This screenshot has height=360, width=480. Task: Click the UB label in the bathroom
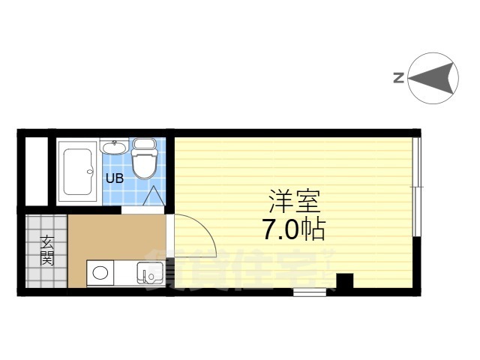[x=114, y=178]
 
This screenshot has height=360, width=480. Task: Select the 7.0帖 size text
[x=293, y=229]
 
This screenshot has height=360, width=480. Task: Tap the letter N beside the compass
[x=398, y=76]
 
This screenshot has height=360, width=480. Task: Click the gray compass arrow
[x=435, y=77]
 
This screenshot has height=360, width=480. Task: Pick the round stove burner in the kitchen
[x=100, y=273]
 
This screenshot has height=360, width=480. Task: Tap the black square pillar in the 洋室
[x=344, y=282]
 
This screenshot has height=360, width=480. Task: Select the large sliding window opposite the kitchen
[x=418, y=187]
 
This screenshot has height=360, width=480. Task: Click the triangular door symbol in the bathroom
[x=154, y=196]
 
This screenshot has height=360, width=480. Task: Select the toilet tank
[x=144, y=143]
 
